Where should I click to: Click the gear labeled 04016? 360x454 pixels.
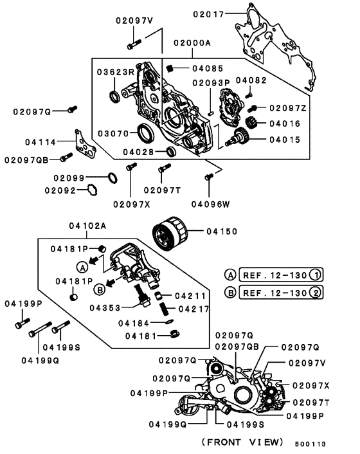tap(253, 122)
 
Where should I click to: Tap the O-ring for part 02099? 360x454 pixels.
tap(111, 177)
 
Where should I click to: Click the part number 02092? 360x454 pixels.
tap(60, 190)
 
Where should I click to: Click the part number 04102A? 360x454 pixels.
tap(88, 226)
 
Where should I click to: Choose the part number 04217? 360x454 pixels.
tap(193, 309)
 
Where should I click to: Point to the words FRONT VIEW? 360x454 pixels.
tap(242, 442)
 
